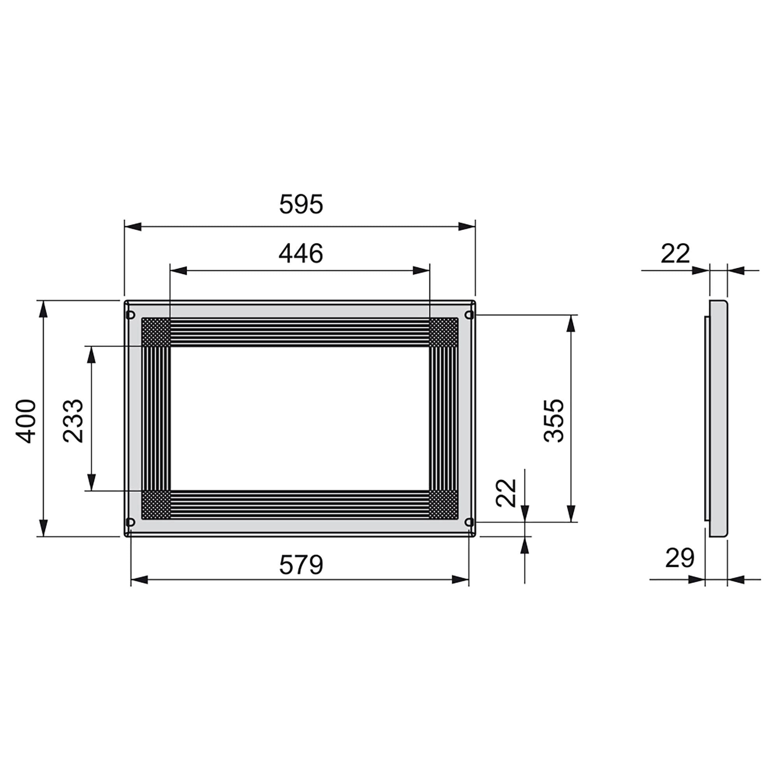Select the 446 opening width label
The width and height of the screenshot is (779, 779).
tap(301, 254)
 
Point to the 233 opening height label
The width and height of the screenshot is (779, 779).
tap(73, 421)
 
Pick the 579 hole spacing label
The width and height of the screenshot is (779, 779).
tap(301, 565)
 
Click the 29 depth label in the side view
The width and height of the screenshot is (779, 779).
tap(679, 558)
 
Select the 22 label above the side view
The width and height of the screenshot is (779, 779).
tap(675, 254)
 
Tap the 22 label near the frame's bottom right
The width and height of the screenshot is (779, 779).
tap(506, 493)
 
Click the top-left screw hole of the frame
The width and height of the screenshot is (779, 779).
tap(130, 314)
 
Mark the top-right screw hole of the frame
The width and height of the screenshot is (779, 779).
tap(469, 314)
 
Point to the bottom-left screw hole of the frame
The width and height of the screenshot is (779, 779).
tap(130, 522)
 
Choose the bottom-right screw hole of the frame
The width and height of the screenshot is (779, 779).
tap(469, 522)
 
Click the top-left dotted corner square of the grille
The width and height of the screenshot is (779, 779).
tap(156, 332)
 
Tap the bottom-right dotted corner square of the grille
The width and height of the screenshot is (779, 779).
tap(444, 505)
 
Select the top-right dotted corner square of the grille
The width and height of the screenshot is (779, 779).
tap(444, 332)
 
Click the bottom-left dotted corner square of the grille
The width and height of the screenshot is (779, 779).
tap(156, 505)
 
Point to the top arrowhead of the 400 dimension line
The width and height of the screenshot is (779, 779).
tap(43, 309)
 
